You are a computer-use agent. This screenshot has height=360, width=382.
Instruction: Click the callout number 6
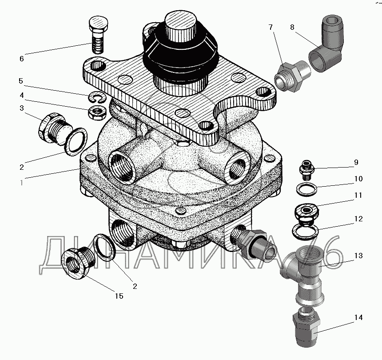[x=22, y=59]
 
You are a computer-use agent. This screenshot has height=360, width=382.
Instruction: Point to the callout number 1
[x=22, y=182]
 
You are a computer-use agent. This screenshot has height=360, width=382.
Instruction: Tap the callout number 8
[x=292, y=27]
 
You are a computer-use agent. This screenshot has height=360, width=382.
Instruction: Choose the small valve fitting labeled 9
[x=306, y=170]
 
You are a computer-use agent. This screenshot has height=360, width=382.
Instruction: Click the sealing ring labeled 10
[x=307, y=189]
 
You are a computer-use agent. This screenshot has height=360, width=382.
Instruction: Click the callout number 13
[x=358, y=256]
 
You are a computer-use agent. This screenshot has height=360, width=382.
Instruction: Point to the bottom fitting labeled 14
[x=306, y=327]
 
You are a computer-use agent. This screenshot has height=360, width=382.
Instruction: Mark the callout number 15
[x=119, y=296]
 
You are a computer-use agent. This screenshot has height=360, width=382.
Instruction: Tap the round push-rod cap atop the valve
[x=180, y=27]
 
